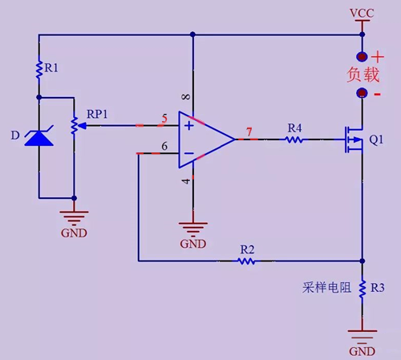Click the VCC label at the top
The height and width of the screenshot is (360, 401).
pos(363,14)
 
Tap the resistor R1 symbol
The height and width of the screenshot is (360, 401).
pos(38,69)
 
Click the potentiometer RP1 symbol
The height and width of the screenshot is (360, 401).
pos(75,125)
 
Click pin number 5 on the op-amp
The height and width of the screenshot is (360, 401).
pos(164,119)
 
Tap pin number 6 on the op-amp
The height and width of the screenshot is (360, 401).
pos(164,146)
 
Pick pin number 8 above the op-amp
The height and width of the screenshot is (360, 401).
pos(186,98)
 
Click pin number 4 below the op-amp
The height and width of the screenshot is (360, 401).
pos(186,181)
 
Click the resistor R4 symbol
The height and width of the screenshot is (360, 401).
pos(294,140)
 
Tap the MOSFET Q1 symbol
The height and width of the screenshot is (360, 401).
pos(353,140)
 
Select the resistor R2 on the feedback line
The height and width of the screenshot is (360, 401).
pos(247,261)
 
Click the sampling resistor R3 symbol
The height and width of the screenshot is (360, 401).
pos(363,286)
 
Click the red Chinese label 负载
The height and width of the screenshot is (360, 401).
pos(363,75)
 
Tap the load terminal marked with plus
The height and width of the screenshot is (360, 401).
pos(363,57)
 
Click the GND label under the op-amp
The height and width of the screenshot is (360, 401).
pos(193,243)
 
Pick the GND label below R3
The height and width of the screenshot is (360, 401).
pos(363,351)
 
